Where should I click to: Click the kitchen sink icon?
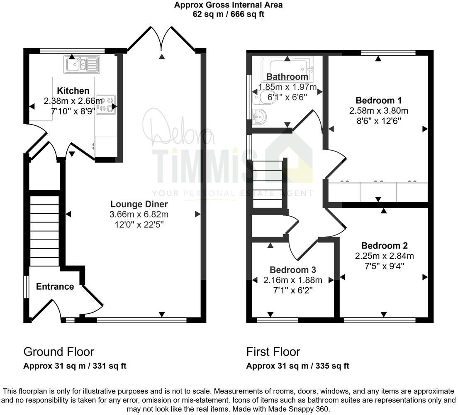coord(81,64)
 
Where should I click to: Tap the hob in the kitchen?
coord(106,105)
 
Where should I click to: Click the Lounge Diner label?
coord(139,204)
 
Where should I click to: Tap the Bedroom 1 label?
coord(378,100)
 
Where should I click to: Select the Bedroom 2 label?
coord(384,246)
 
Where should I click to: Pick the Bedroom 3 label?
coord(292,270)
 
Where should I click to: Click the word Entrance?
coord(55,286)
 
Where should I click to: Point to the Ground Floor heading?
coord(58,352)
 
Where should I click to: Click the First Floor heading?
coord(273,352)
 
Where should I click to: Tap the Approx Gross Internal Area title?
coord(229,5)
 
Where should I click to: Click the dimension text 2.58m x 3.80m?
coord(378,111)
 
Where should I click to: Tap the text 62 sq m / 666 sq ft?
coord(229,14)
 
